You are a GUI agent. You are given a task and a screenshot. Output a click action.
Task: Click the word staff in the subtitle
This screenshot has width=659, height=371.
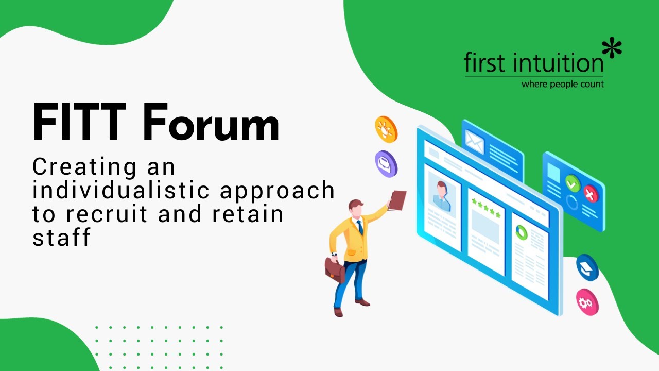point(62,237)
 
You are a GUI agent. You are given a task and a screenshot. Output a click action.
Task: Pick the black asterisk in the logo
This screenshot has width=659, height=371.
point(612,49)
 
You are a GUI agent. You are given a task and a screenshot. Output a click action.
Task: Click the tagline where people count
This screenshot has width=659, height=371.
point(562,84)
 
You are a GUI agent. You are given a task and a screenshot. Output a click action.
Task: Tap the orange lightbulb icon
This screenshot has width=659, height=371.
point(386,129)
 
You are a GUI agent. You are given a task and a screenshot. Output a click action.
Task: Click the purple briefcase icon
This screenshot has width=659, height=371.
point(386,163)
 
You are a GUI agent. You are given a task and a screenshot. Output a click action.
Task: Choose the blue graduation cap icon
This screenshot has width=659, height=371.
point(587,267)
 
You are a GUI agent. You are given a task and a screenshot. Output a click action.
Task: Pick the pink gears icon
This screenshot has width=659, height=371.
point(587,302)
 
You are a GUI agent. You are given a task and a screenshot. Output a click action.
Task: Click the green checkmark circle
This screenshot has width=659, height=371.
point(573,183)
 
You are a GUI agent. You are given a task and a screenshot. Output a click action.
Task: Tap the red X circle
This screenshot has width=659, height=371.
point(590,194)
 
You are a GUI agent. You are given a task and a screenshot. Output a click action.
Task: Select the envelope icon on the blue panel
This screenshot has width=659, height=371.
point(474,140)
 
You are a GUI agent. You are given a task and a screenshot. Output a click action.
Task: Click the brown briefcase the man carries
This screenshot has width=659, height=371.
point(335,268)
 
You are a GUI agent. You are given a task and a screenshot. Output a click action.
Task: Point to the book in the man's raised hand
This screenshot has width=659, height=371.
point(397,200)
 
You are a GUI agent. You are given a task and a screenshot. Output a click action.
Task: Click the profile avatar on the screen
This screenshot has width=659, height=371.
point(442,195)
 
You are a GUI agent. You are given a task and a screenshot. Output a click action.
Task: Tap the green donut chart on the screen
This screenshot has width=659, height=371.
point(522,232)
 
